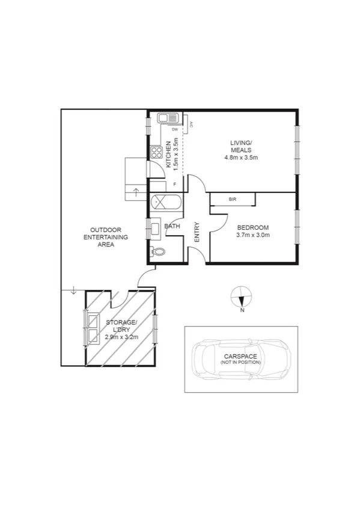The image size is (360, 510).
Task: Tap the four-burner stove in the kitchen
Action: pyautogui.click(x=159, y=152)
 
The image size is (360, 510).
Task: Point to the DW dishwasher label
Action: pyautogui.click(x=175, y=129)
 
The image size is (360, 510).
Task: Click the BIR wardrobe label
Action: pyautogui.click(x=232, y=200)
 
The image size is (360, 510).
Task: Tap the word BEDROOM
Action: pyautogui.click(x=253, y=227)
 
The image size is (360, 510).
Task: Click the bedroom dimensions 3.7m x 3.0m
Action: pyautogui.click(x=253, y=235)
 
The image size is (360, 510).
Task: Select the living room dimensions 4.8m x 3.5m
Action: pyautogui.click(x=240, y=158)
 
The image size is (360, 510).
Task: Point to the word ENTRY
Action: pyautogui.click(x=197, y=233)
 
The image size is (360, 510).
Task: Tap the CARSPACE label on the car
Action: pyautogui.click(x=241, y=356)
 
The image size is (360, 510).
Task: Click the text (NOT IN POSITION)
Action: pyautogui.click(x=241, y=363)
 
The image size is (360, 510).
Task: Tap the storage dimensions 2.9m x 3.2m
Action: pyautogui.click(x=121, y=337)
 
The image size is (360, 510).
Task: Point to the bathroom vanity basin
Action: pyautogui.click(x=155, y=228)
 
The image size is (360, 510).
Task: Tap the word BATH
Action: pyautogui.click(x=172, y=226)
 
